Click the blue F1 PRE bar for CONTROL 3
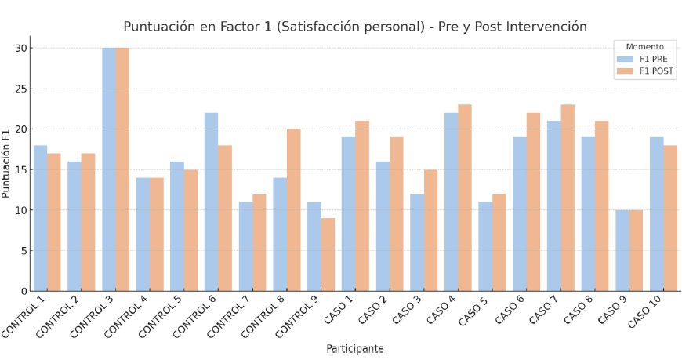pos(109,169)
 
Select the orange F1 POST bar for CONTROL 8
pos(293,210)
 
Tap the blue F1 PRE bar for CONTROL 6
pos(211,202)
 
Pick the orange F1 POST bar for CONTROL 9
pos(328,254)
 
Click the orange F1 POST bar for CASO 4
pos(465,198)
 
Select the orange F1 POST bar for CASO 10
pos(670,218)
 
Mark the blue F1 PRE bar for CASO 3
pos(417,242)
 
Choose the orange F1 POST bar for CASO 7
pos(568,198)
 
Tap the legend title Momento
pos(644,46)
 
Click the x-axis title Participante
pos(354,349)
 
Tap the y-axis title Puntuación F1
pos(7,163)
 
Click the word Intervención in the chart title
pos(548,27)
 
